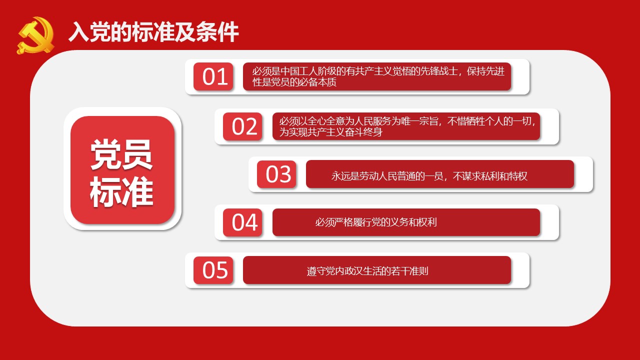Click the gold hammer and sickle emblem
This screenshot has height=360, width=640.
(x=35, y=35)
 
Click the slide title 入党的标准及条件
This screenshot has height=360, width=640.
(x=153, y=32)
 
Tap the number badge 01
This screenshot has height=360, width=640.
(x=213, y=76)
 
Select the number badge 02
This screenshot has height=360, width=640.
(x=242, y=126)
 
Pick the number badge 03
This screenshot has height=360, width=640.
(x=276, y=174)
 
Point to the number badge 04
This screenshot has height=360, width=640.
(x=242, y=222)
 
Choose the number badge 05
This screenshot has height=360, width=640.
(x=213, y=270)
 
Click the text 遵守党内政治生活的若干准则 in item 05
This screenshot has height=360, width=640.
(x=367, y=271)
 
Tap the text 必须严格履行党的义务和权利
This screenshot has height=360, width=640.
(x=376, y=222)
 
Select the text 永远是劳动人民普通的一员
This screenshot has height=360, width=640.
(x=387, y=176)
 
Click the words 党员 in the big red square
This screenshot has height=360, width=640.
(x=121, y=154)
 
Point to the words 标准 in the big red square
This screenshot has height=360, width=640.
(x=121, y=191)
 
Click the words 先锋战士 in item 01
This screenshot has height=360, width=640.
(x=439, y=71)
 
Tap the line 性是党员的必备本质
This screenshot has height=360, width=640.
(x=294, y=82)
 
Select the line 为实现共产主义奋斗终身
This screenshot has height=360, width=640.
(x=331, y=132)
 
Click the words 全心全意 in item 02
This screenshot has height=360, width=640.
(x=325, y=121)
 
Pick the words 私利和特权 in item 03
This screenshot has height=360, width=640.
(x=504, y=176)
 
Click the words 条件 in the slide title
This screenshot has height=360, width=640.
(x=217, y=32)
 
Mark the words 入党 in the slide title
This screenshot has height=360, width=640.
(x=89, y=32)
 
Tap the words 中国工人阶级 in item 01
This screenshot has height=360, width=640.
(x=308, y=71)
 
